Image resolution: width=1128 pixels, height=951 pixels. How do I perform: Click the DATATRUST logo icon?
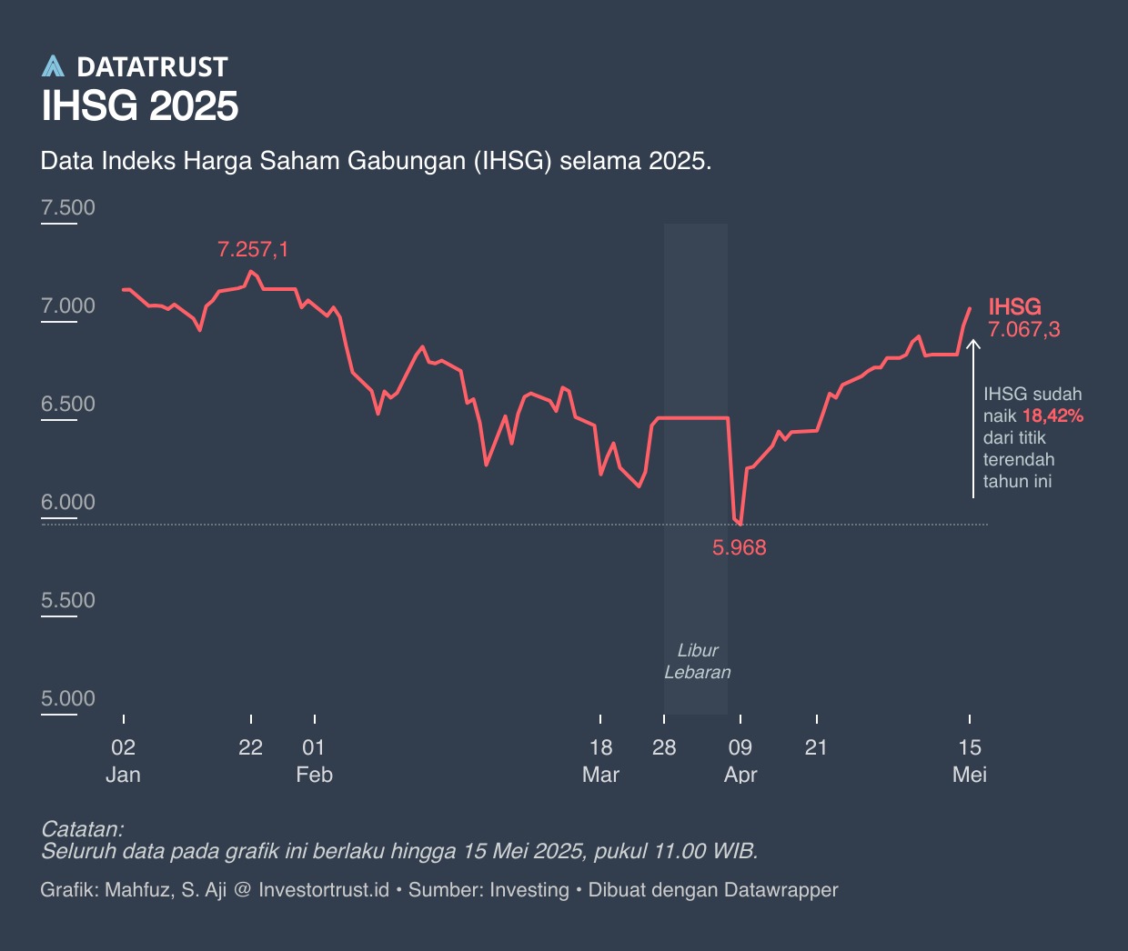point(54,66)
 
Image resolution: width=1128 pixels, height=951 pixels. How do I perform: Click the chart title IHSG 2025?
point(140,106)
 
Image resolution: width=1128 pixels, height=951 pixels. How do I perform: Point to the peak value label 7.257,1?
point(253,249)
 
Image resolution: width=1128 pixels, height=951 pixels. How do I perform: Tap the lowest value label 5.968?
point(739,547)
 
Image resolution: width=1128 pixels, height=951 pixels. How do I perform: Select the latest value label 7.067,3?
point(1024,330)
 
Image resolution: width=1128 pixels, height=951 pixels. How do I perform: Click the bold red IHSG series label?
point(1014,306)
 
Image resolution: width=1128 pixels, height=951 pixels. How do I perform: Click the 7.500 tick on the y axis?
point(68,207)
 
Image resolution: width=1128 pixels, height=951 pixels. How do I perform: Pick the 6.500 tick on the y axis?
point(68,404)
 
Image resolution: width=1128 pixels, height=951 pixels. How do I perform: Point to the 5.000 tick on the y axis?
point(68,698)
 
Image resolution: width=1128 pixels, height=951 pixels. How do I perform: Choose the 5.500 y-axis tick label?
point(68,600)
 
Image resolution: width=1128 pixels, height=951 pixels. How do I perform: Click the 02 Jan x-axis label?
point(123,761)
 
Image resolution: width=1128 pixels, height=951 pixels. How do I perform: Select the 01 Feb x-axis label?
point(314,761)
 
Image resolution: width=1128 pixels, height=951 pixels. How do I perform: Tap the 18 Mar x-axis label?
point(600,761)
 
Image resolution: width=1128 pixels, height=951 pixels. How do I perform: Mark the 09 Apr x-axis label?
point(740,761)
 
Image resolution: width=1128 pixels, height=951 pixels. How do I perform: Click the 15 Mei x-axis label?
point(970,761)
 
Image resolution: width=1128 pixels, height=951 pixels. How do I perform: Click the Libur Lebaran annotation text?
point(697,661)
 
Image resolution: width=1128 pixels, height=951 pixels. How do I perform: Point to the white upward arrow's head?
point(973,344)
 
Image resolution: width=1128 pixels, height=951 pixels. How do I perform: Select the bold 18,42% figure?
point(1052,416)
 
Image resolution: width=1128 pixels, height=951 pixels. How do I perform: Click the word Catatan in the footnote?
point(82,829)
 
